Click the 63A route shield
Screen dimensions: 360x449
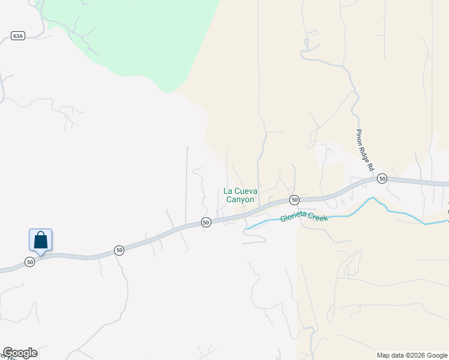click(17, 36)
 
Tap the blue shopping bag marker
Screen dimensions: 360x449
click(40, 240)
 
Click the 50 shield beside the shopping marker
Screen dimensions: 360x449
click(29, 262)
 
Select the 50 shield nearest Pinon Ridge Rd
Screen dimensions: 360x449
click(382, 179)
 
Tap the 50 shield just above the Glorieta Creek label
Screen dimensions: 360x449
click(294, 200)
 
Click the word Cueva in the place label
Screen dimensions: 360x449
click(246, 191)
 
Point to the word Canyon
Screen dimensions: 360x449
click(240, 200)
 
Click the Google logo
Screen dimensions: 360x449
click(20, 353)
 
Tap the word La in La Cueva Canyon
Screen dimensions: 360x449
click(228, 191)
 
